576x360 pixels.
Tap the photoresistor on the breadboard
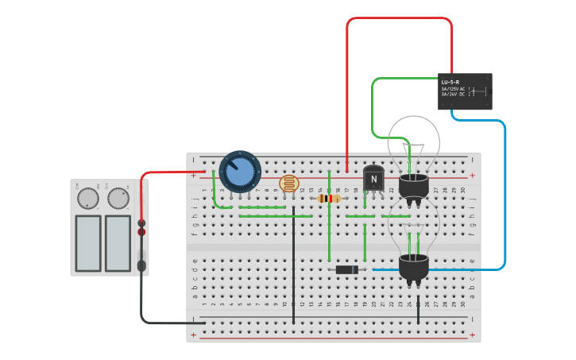point(290,184)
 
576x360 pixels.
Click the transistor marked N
point(373,179)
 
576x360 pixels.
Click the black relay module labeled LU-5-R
point(465,91)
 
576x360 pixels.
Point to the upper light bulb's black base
point(413,187)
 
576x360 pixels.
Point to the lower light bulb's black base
point(413,269)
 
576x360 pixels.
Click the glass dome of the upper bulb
point(412,139)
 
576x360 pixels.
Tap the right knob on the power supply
point(118,197)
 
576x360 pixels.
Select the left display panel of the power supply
point(88,242)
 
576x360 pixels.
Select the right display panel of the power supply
point(118,242)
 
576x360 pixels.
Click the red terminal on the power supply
point(141,232)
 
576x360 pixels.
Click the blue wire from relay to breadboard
point(504,199)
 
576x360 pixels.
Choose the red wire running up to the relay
point(397,18)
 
